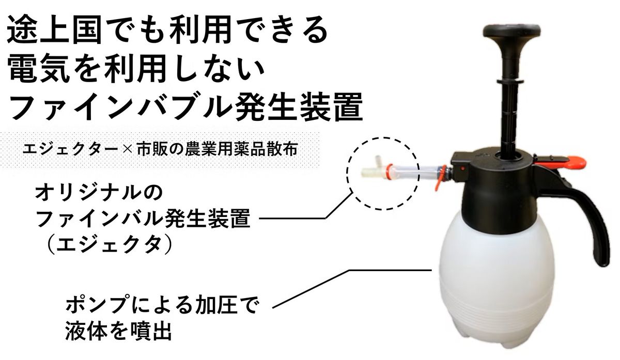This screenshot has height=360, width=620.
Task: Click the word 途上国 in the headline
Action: click(55, 30)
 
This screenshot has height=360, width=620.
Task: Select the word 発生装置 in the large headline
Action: click(300, 107)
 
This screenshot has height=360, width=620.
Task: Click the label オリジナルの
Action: click(99, 193)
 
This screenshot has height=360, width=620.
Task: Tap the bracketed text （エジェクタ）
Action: click(109, 245)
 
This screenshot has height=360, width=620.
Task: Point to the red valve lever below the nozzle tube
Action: click(440, 178)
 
